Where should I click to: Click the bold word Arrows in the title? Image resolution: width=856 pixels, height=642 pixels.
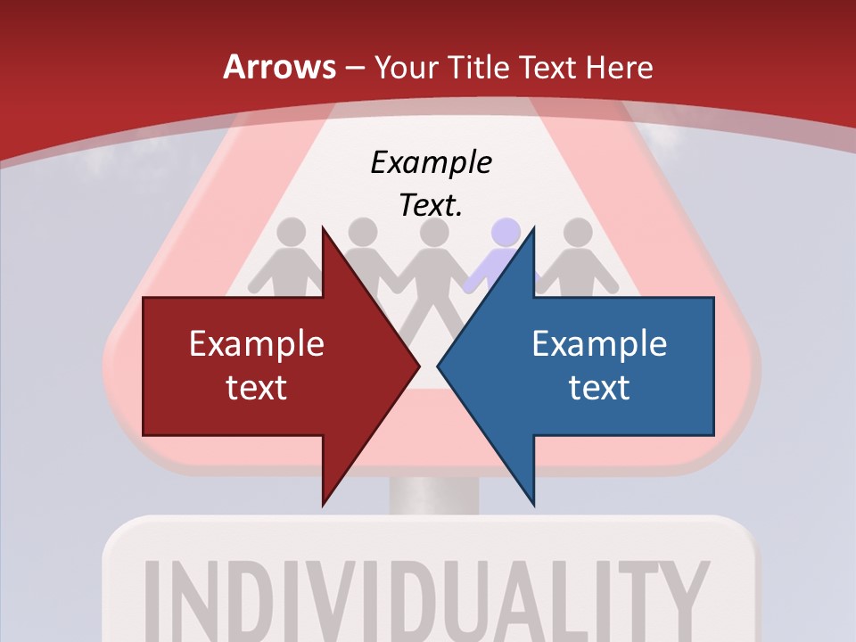pyautogui.click(x=278, y=67)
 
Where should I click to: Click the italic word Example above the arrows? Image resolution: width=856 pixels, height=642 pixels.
pyautogui.click(x=431, y=162)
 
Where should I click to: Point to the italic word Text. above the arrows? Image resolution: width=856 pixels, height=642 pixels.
pyautogui.click(x=431, y=205)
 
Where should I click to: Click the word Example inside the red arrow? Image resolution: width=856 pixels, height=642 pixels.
pyautogui.click(x=257, y=343)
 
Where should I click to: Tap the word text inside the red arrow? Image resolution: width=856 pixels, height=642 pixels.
pyautogui.click(x=257, y=387)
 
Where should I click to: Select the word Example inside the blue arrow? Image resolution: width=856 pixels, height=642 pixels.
pyautogui.click(x=599, y=343)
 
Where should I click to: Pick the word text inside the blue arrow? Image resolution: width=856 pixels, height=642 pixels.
pyautogui.click(x=599, y=387)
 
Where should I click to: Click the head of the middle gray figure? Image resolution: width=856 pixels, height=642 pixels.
pyautogui.click(x=434, y=233)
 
